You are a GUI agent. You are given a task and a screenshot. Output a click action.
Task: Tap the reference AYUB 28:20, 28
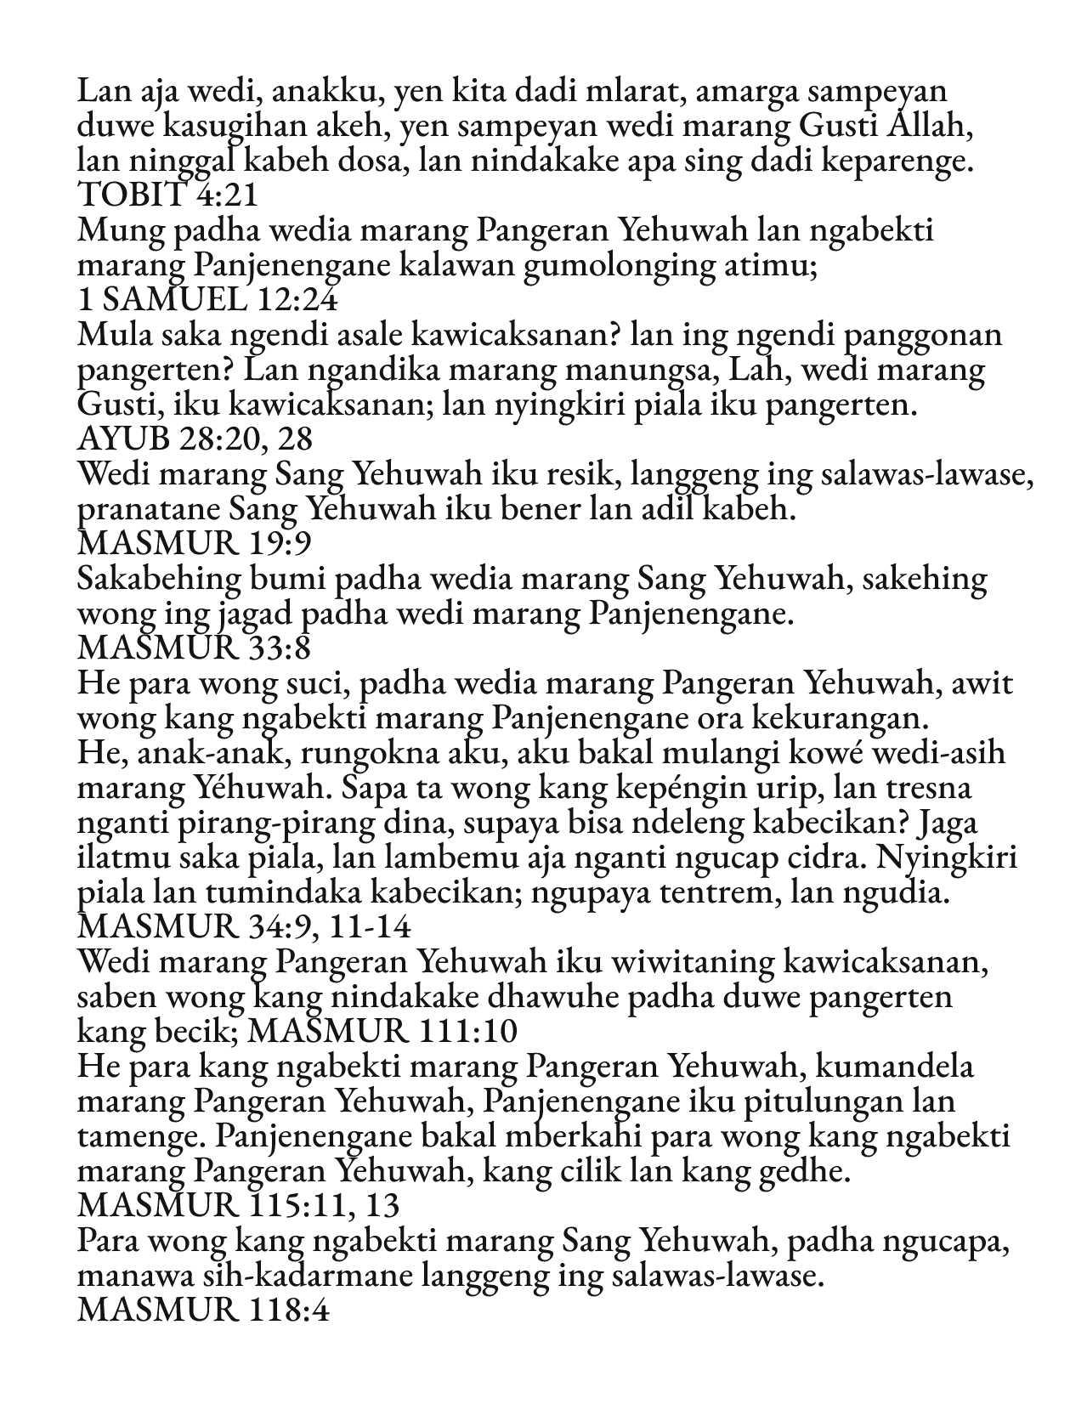pyautogui.click(x=195, y=439)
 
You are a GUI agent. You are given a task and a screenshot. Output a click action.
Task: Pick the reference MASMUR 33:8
pyautogui.click(x=193, y=648)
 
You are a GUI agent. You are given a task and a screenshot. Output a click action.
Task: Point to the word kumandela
pyautogui.click(x=897, y=1066)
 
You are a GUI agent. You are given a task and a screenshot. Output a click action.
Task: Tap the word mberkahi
pyautogui.click(x=546, y=1135)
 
